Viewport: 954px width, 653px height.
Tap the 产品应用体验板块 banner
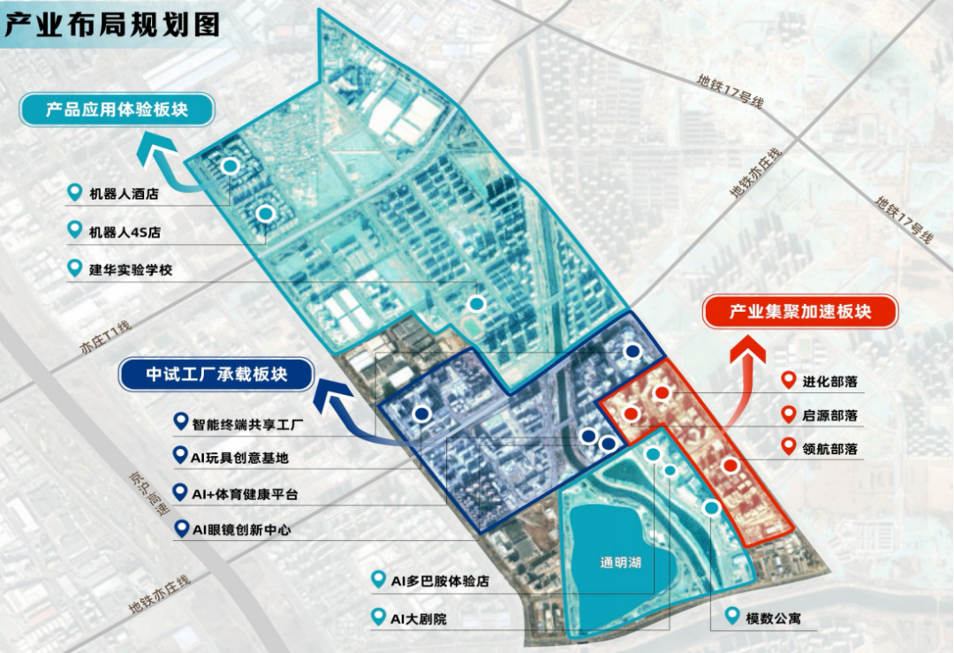[117, 110]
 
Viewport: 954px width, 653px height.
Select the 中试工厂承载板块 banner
[217, 375]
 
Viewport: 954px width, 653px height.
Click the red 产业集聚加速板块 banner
[799, 312]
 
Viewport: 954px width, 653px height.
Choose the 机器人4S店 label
[125, 232]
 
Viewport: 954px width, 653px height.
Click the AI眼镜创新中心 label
[241, 530]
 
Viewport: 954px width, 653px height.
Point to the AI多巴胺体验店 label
[440, 581]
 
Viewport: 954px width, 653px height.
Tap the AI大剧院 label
[418, 619]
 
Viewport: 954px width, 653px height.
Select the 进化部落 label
[829, 382]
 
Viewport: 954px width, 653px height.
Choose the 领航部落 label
[829, 448]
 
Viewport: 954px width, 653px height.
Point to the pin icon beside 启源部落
[789, 414]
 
